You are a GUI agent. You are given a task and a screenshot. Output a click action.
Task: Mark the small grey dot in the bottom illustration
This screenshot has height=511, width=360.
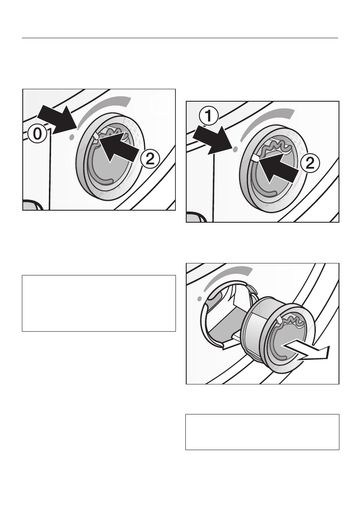tap(200, 298)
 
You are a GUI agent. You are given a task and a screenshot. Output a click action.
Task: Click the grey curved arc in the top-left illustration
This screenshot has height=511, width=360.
tap(101, 108)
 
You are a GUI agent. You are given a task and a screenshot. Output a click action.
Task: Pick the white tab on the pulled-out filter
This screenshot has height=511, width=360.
tap(280, 319)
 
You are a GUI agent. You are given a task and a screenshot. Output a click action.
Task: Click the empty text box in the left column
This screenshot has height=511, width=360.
tap(99, 303)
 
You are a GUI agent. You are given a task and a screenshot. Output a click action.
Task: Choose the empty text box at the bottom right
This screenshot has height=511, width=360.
tap(262, 432)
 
